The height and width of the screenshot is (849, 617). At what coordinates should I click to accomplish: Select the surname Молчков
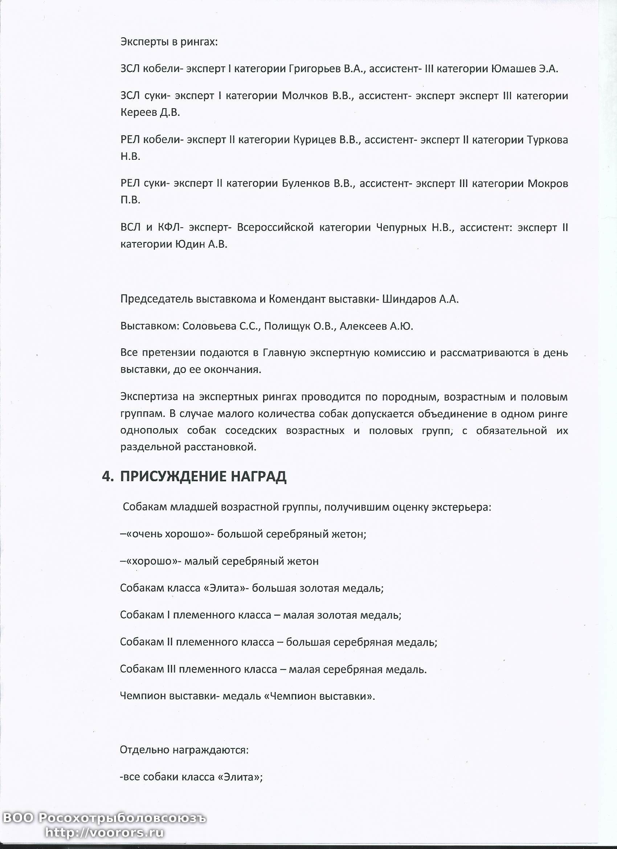[x=305, y=96]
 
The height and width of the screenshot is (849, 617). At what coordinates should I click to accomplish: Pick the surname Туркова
[x=547, y=140]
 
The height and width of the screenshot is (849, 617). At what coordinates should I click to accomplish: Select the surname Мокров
[x=548, y=184]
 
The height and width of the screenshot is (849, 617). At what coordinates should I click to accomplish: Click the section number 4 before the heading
[x=106, y=476]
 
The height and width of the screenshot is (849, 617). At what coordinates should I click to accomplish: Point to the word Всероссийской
[x=275, y=228]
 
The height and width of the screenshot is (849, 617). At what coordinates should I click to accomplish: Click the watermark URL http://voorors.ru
[x=105, y=832]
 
